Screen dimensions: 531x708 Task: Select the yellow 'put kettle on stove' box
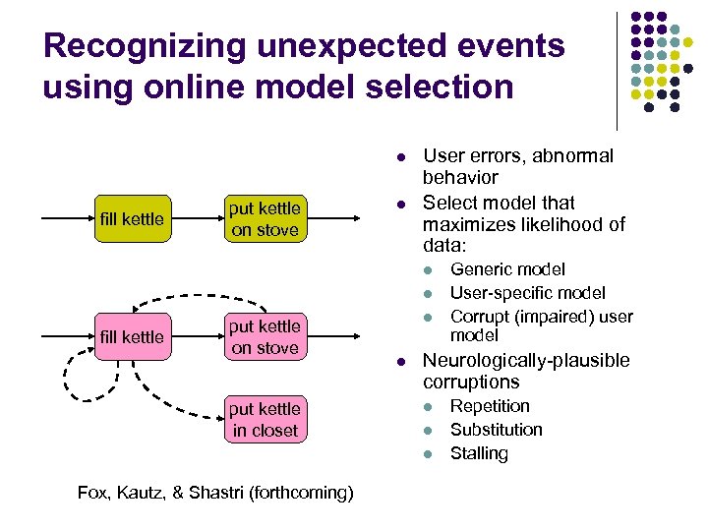(265, 219)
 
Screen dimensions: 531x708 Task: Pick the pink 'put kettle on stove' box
(265, 337)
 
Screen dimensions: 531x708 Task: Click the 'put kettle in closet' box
(265, 419)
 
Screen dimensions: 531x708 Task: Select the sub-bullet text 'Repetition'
(490, 406)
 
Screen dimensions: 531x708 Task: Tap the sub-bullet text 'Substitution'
(496, 430)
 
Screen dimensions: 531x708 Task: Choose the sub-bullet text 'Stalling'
(479, 453)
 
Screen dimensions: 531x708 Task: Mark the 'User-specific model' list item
(527, 293)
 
